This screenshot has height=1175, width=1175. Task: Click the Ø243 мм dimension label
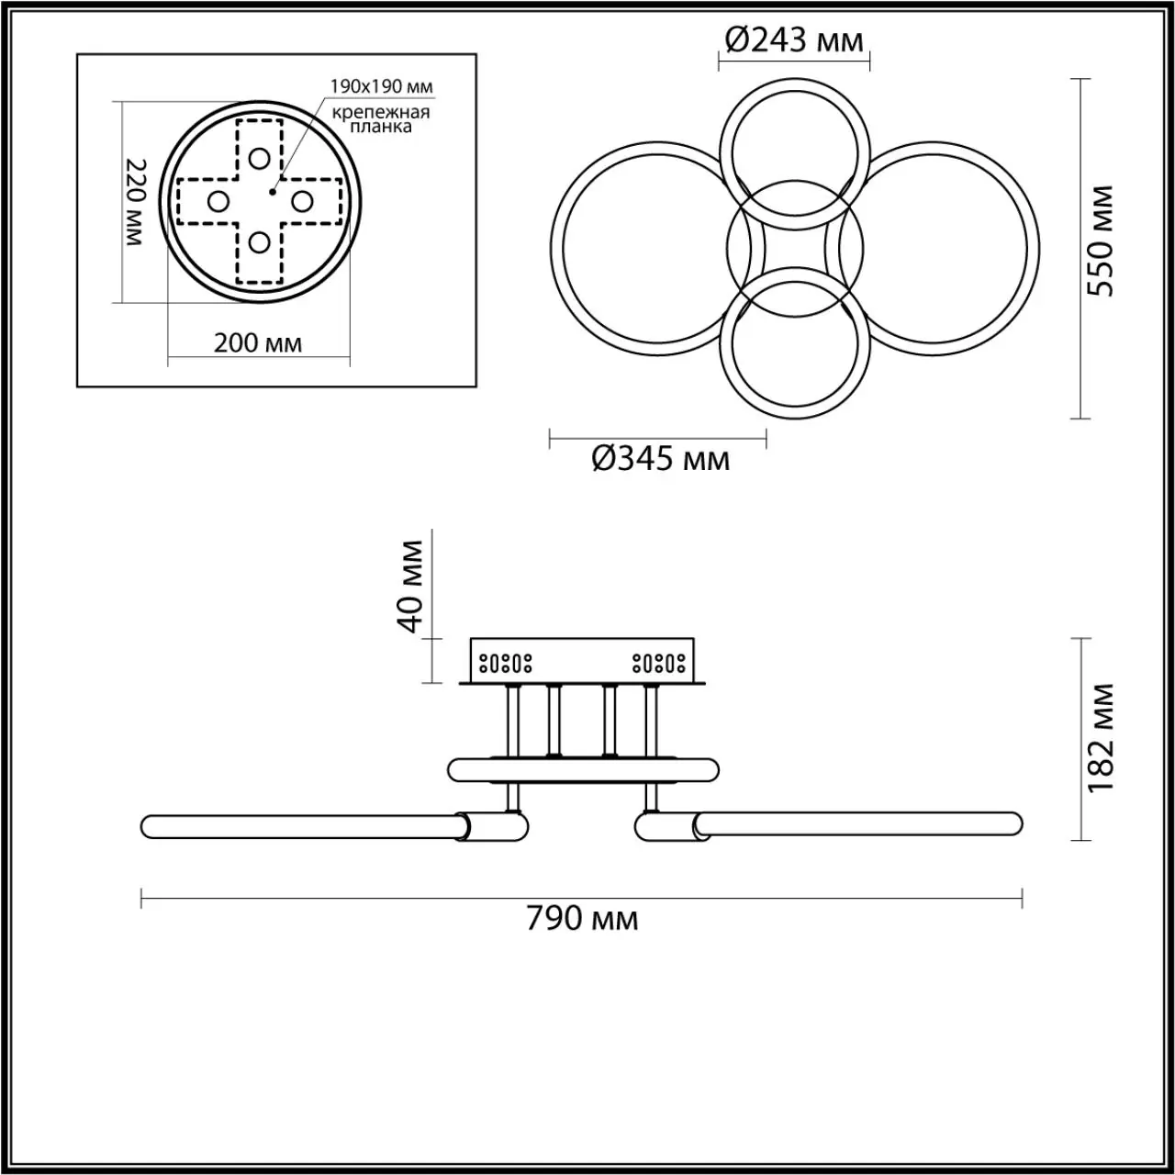pos(794,41)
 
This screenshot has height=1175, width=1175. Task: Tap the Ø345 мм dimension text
pos(660,459)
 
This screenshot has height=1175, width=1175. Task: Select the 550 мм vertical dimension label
pos(1100,241)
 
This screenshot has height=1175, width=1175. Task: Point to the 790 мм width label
pos(582,934)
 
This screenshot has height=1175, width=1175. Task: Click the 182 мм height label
pos(1100,738)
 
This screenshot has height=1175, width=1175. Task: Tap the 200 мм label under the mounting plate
pos(257,343)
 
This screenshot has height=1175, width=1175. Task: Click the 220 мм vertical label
pos(135,202)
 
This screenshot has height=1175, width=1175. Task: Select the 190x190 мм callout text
pos(382,86)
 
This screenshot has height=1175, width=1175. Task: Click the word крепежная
pos(381,113)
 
